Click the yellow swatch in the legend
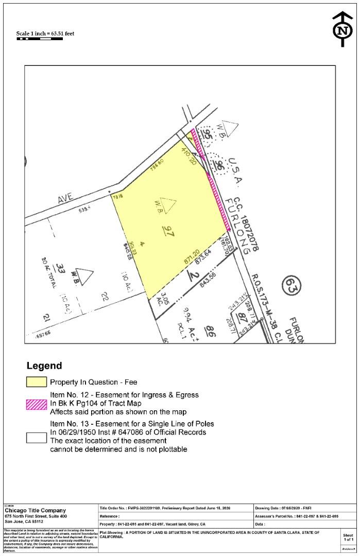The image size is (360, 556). click(x=36, y=383)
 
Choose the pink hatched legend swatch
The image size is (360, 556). click(x=36, y=404)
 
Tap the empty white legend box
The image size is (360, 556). click(x=36, y=437)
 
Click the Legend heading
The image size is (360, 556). click(x=44, y=366)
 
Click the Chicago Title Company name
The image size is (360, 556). click(x=35, y=510)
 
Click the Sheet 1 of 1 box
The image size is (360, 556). click(x=348, y=537)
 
